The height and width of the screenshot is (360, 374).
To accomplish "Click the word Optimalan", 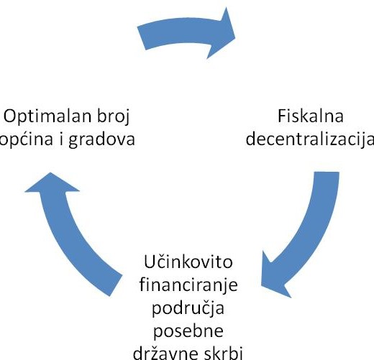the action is (x=47, y=116).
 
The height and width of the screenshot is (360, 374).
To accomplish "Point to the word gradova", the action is (x=101, y=139).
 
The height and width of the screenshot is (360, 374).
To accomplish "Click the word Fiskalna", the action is (x=311, y=116).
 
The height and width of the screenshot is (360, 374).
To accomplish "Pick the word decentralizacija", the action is (x=310, y=139).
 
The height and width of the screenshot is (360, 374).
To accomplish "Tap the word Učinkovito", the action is (x=188, y=262).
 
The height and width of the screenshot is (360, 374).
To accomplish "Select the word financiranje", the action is (x=188, y=285).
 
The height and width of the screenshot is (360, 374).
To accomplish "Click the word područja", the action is (x=188, y=308).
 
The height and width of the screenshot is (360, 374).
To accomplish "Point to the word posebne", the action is (x=188, y=331).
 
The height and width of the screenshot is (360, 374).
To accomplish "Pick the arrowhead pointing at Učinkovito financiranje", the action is (x=273, y=278).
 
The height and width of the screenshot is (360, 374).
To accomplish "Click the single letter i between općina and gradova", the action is (x=61, y=139).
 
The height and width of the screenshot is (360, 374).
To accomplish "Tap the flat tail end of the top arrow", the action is (x=142, y=38).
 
